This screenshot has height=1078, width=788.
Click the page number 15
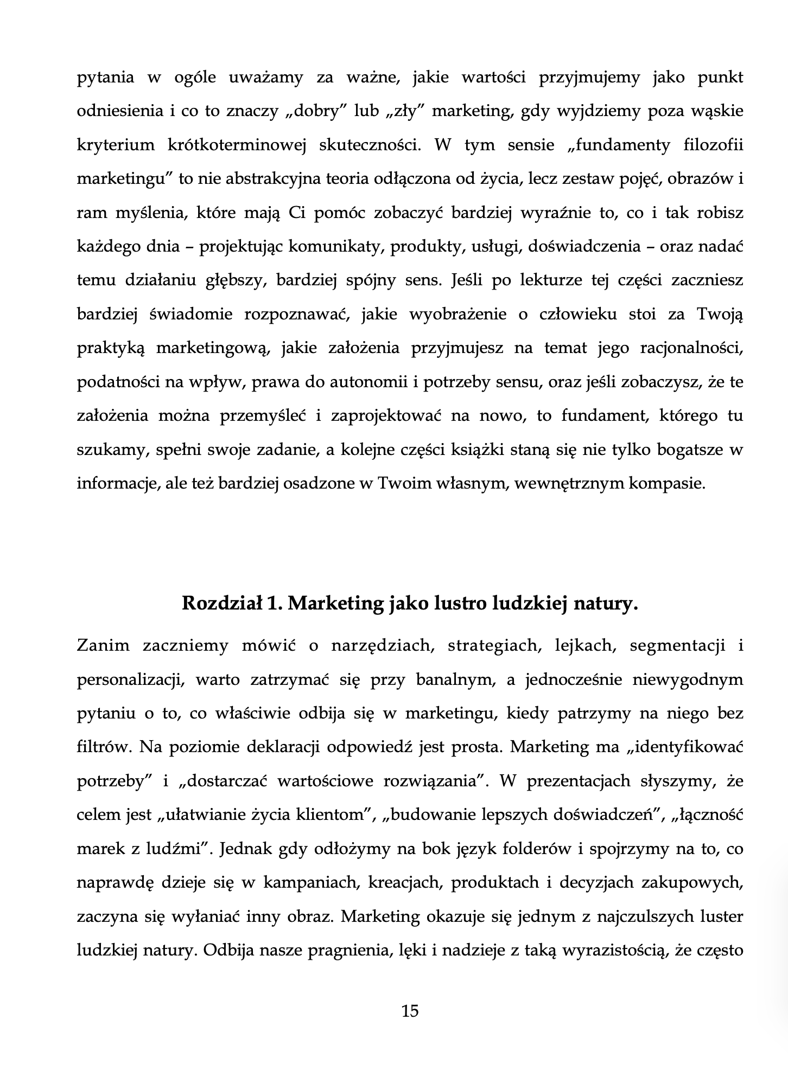410,1011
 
